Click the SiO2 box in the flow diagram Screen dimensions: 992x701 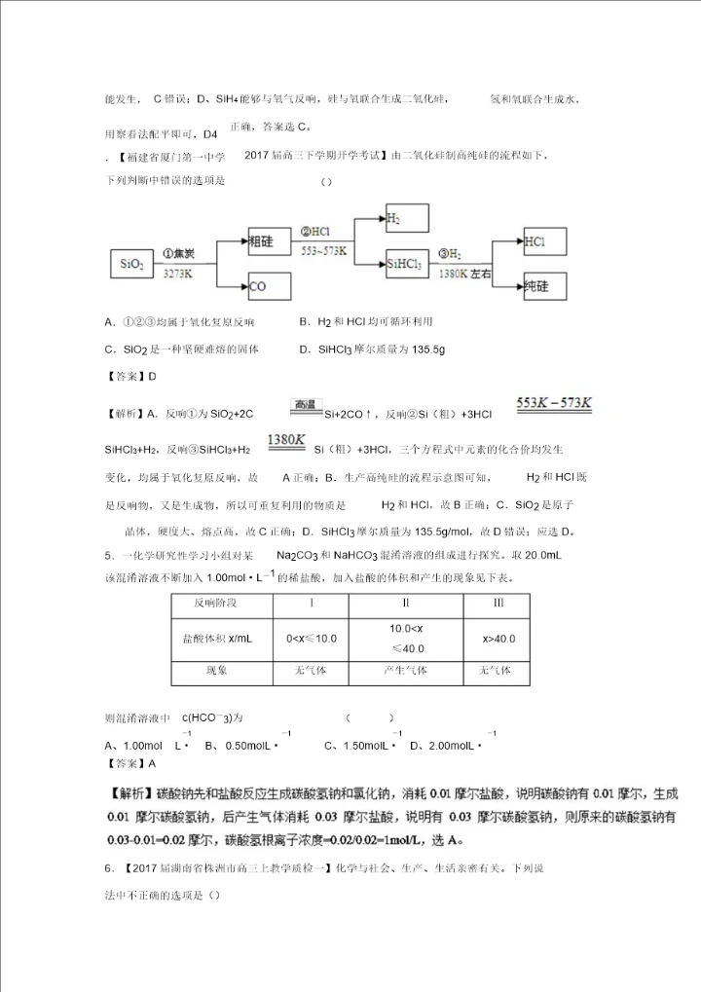tap(131, 264)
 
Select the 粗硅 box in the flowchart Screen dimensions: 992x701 tap(269, 241)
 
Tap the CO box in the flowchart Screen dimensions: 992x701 tap(269, 286)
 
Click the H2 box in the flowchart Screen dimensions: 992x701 tap(405, 220)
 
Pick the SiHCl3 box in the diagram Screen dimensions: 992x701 tap(405, 264)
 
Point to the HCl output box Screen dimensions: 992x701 tap(544, 241)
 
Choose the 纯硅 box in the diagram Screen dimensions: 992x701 tap(544, 286)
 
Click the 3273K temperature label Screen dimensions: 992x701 tap(177, 276)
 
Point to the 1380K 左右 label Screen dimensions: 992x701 tap(464, 276)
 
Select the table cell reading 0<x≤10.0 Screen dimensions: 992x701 tap(311, 639)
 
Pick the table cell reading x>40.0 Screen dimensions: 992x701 tap(498, 639)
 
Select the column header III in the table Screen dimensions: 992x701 tap(498, 604)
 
